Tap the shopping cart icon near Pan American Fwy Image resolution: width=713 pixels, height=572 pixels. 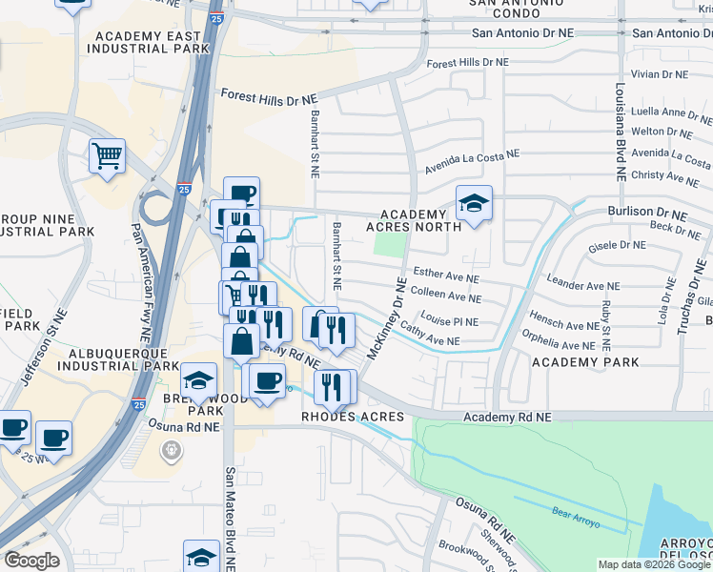pos(107,155)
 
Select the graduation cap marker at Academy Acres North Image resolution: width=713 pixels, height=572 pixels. pos(473,204)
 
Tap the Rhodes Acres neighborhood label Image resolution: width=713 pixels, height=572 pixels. pos(353,418)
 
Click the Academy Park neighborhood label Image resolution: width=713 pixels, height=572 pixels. pos(585,362)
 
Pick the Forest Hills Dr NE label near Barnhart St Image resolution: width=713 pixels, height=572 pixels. pos(269,97)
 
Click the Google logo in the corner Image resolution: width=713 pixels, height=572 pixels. pos(31,561)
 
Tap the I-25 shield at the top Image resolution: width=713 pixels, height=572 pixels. pos(217,17)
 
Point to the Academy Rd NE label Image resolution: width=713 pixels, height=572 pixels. pos(507,418)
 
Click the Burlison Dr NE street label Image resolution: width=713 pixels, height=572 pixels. pos(644,211)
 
